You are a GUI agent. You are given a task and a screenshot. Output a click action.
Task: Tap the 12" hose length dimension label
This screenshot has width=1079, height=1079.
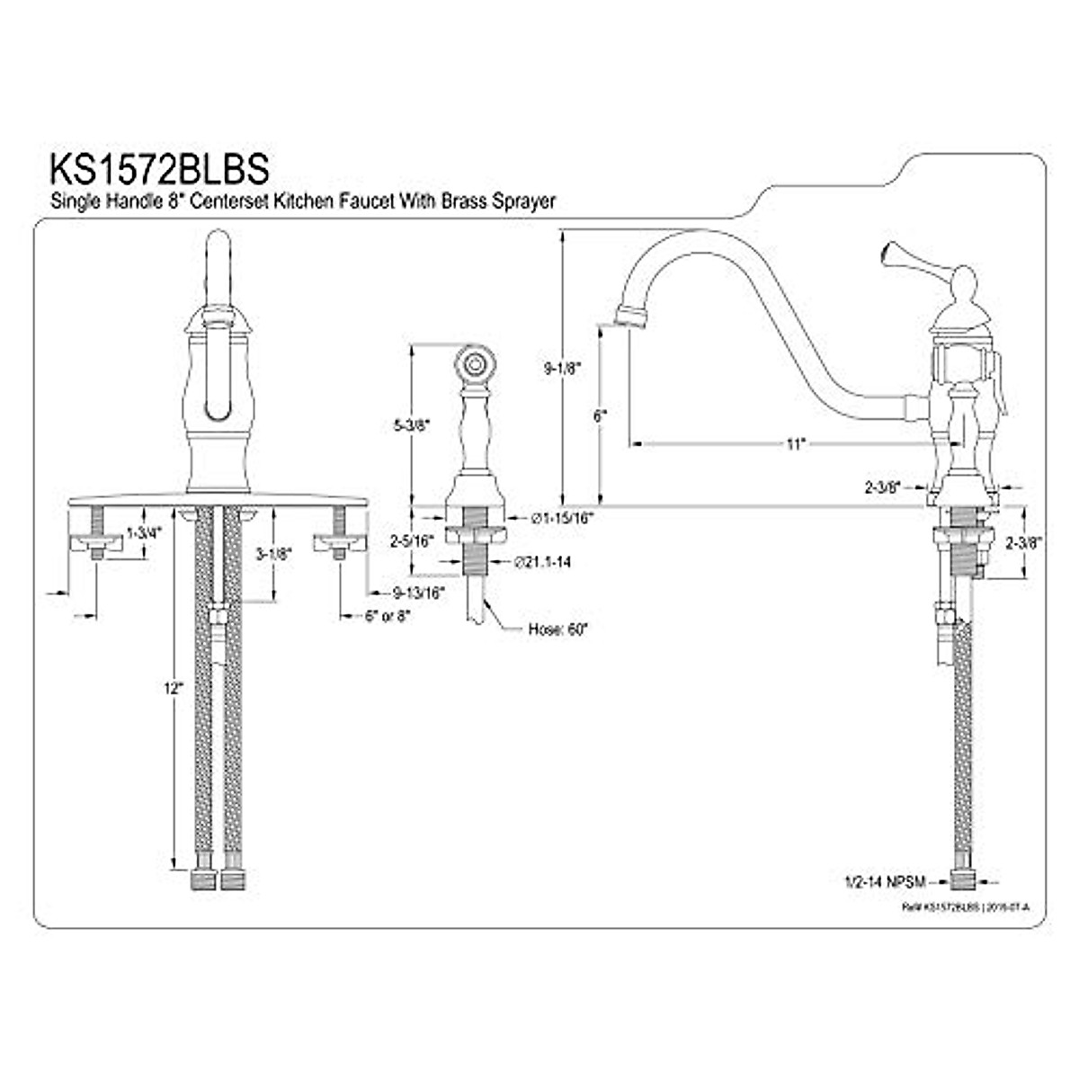[x=174, y=688]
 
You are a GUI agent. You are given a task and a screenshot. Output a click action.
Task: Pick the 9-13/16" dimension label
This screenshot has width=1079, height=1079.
[x=420, y=593]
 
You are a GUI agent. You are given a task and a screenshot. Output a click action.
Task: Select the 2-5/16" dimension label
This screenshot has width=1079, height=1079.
[x=412, y=540]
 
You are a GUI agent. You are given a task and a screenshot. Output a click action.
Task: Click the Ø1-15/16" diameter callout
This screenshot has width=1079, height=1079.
[x=562, y=518]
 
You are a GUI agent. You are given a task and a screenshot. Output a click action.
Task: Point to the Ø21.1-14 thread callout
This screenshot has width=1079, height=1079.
[x=543, y=562]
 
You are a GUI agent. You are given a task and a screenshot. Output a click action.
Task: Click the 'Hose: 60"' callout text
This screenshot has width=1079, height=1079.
[x=557, y=629]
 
